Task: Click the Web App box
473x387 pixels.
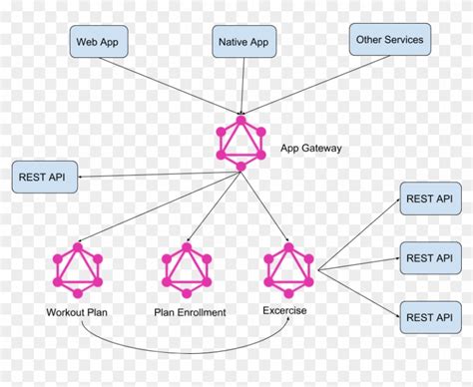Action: (x=97, y=43)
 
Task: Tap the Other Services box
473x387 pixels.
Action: (x=389, y=41)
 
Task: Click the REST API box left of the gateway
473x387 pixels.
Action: (x=42, y=178)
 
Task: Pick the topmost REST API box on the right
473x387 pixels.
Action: (x=429, y=196)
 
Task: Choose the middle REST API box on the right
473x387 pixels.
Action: (x=429, y=257)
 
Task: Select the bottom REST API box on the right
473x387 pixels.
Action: (x=429, y=316)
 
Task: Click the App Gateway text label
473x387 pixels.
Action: (x=312, y=149)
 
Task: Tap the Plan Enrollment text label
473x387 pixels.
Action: (x=190, y=312)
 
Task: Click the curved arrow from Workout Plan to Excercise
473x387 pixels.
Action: (x=180, y=351)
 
